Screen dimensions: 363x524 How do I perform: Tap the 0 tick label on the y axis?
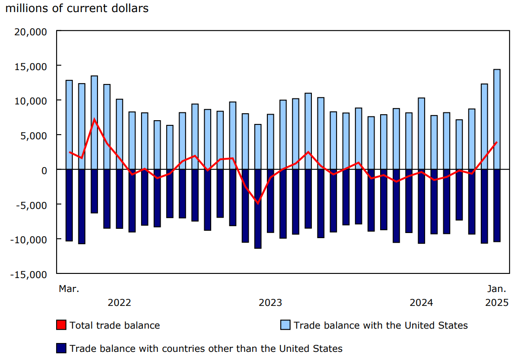(44, 170)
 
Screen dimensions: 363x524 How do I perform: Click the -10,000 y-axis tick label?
(30, 240)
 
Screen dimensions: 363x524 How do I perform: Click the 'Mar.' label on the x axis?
(69, 289)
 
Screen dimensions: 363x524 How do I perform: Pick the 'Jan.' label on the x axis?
(497, 289)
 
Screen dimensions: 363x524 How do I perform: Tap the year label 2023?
(270, 303)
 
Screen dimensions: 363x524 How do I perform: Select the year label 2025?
(497, 303)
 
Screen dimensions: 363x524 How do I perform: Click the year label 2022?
(119, 303)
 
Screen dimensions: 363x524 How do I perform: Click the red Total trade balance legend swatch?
(61, 325)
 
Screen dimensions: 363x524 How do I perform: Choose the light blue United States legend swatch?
(285, 325)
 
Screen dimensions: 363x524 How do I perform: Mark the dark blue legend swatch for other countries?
(61, 348)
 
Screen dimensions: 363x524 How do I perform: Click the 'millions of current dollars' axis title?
(77, 8)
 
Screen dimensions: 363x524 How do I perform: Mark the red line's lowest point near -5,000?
(258, 203)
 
